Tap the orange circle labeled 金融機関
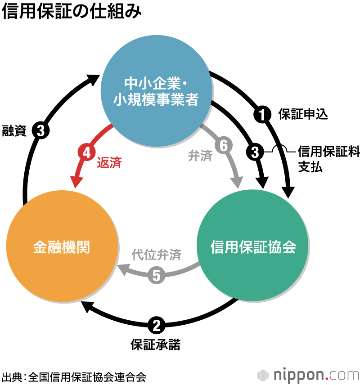click(x=62, y=247)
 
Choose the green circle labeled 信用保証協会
click(x=253, y=247)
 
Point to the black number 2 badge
click(x=156, y=324)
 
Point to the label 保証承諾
click(x=156, y=345)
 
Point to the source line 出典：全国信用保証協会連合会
click(x=74, y=376)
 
